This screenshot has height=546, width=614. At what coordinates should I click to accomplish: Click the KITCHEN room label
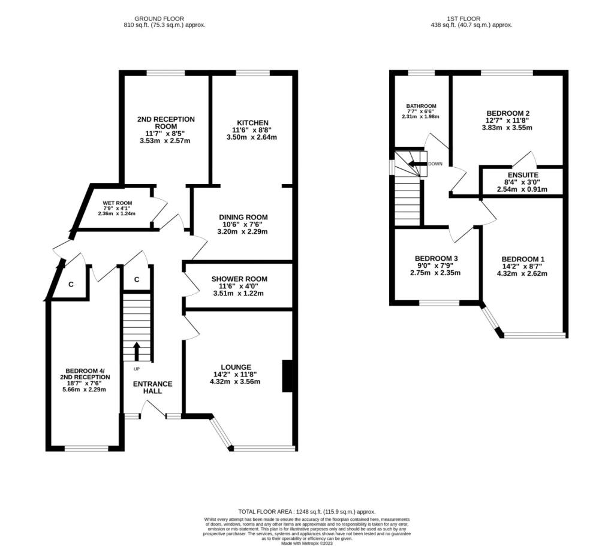[252, 123]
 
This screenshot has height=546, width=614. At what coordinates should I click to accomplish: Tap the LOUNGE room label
[236, 367]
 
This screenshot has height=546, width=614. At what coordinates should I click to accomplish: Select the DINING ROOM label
[243, 217]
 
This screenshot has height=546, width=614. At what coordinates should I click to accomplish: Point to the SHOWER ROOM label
[239, 279]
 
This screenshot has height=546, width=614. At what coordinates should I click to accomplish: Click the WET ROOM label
[118, 203]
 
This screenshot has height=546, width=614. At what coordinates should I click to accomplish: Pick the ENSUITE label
[523, 175]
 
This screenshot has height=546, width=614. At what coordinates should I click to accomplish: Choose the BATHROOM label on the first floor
[422, 106]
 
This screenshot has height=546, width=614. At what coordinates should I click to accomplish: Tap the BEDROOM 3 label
[436, 258]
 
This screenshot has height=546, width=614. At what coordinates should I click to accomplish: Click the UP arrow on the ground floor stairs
[137, 351]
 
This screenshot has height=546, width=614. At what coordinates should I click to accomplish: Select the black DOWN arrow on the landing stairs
[417, 164]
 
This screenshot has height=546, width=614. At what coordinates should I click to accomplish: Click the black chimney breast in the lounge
[287, 376]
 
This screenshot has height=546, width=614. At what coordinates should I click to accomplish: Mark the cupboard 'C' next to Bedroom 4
[71, 285]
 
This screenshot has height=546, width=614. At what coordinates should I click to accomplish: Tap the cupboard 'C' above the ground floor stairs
[137, 279]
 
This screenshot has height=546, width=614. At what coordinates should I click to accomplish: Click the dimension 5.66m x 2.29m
[85, 390]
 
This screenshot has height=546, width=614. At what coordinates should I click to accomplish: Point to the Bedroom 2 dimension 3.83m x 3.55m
[507, 128]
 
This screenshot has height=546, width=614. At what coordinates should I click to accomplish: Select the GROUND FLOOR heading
[159, 19]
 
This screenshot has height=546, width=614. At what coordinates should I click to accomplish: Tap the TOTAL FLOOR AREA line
[307, 512]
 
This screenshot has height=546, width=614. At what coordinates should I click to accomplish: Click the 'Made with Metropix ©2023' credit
[307, 543]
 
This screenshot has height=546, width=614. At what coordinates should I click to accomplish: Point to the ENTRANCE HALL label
[153, 388]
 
